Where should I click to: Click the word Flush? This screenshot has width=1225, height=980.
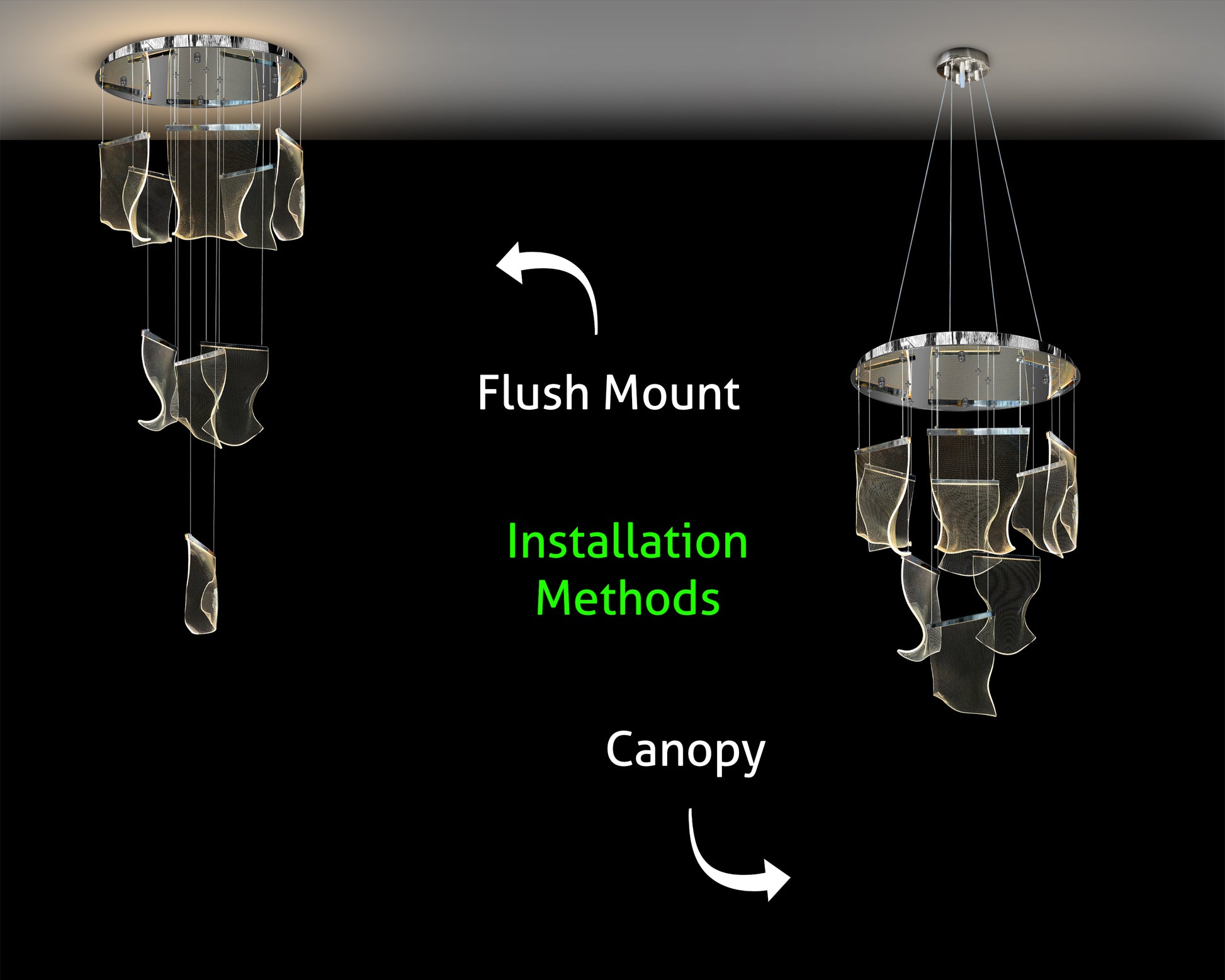(532, 393)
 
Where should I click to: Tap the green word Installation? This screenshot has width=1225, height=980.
(627, 542)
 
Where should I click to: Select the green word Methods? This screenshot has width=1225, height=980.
(628, 598)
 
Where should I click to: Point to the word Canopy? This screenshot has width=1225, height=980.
(685, 750)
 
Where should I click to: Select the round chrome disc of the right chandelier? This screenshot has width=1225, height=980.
(964, 371)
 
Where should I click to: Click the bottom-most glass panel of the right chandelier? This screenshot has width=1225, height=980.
(963, 680)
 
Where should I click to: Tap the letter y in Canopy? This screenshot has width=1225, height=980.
(754, 755)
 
